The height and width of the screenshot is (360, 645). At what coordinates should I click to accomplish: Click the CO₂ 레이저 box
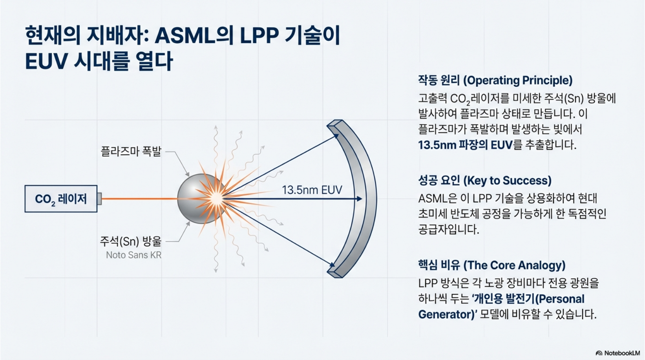(61, 199)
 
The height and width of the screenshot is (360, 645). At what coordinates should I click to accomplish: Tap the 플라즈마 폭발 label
(131, 151)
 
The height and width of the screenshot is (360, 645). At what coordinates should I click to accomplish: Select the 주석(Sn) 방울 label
(131, 241)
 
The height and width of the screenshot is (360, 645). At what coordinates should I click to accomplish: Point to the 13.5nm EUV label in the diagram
(312, 190)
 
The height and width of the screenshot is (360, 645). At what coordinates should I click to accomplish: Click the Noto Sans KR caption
(133, 255)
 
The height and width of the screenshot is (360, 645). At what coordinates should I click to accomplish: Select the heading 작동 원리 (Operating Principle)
(495, 80)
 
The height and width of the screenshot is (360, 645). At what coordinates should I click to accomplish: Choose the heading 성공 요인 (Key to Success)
(484, 181)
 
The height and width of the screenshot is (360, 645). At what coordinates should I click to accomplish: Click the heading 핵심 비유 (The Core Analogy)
(492, 265)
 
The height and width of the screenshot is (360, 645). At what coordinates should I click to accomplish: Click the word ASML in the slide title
(185, 36)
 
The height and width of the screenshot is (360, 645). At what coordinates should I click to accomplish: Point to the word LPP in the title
(259, 36)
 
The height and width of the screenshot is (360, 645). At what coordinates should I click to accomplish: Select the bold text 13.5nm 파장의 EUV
(465, 145)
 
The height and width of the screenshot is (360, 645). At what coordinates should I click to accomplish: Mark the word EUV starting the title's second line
(46, 61)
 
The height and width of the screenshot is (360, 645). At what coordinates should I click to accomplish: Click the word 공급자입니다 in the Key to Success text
(448, 229)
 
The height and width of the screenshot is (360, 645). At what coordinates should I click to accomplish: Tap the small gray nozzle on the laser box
(99, 199)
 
